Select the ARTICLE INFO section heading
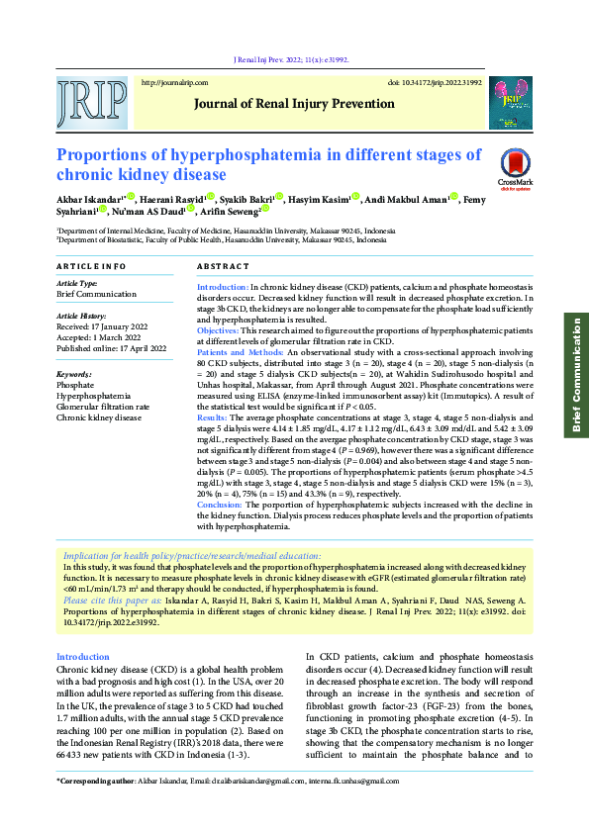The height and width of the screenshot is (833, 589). click(91, 267)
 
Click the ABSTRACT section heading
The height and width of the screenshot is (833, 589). click(222, 267)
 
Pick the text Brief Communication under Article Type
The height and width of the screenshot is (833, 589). click(96, 294)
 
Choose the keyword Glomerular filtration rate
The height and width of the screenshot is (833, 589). click(103, 407)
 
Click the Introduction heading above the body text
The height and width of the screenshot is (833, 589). click(82, 657)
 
